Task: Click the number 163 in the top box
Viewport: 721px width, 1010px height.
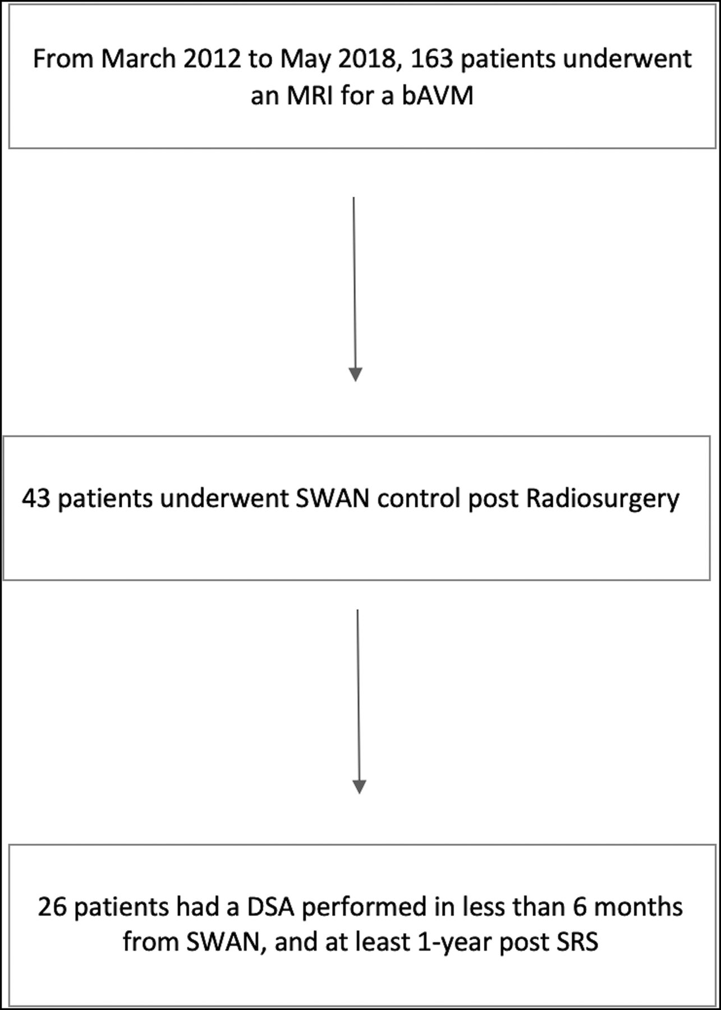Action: [x=431, y=59]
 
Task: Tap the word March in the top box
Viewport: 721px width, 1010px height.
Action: [x=131, y=59]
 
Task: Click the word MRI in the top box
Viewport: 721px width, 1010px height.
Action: [x=313, y=96]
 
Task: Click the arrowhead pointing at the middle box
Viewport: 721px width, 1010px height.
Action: [x=355, y=374]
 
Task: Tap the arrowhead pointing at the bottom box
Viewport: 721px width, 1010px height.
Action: [x=359, y=787]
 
